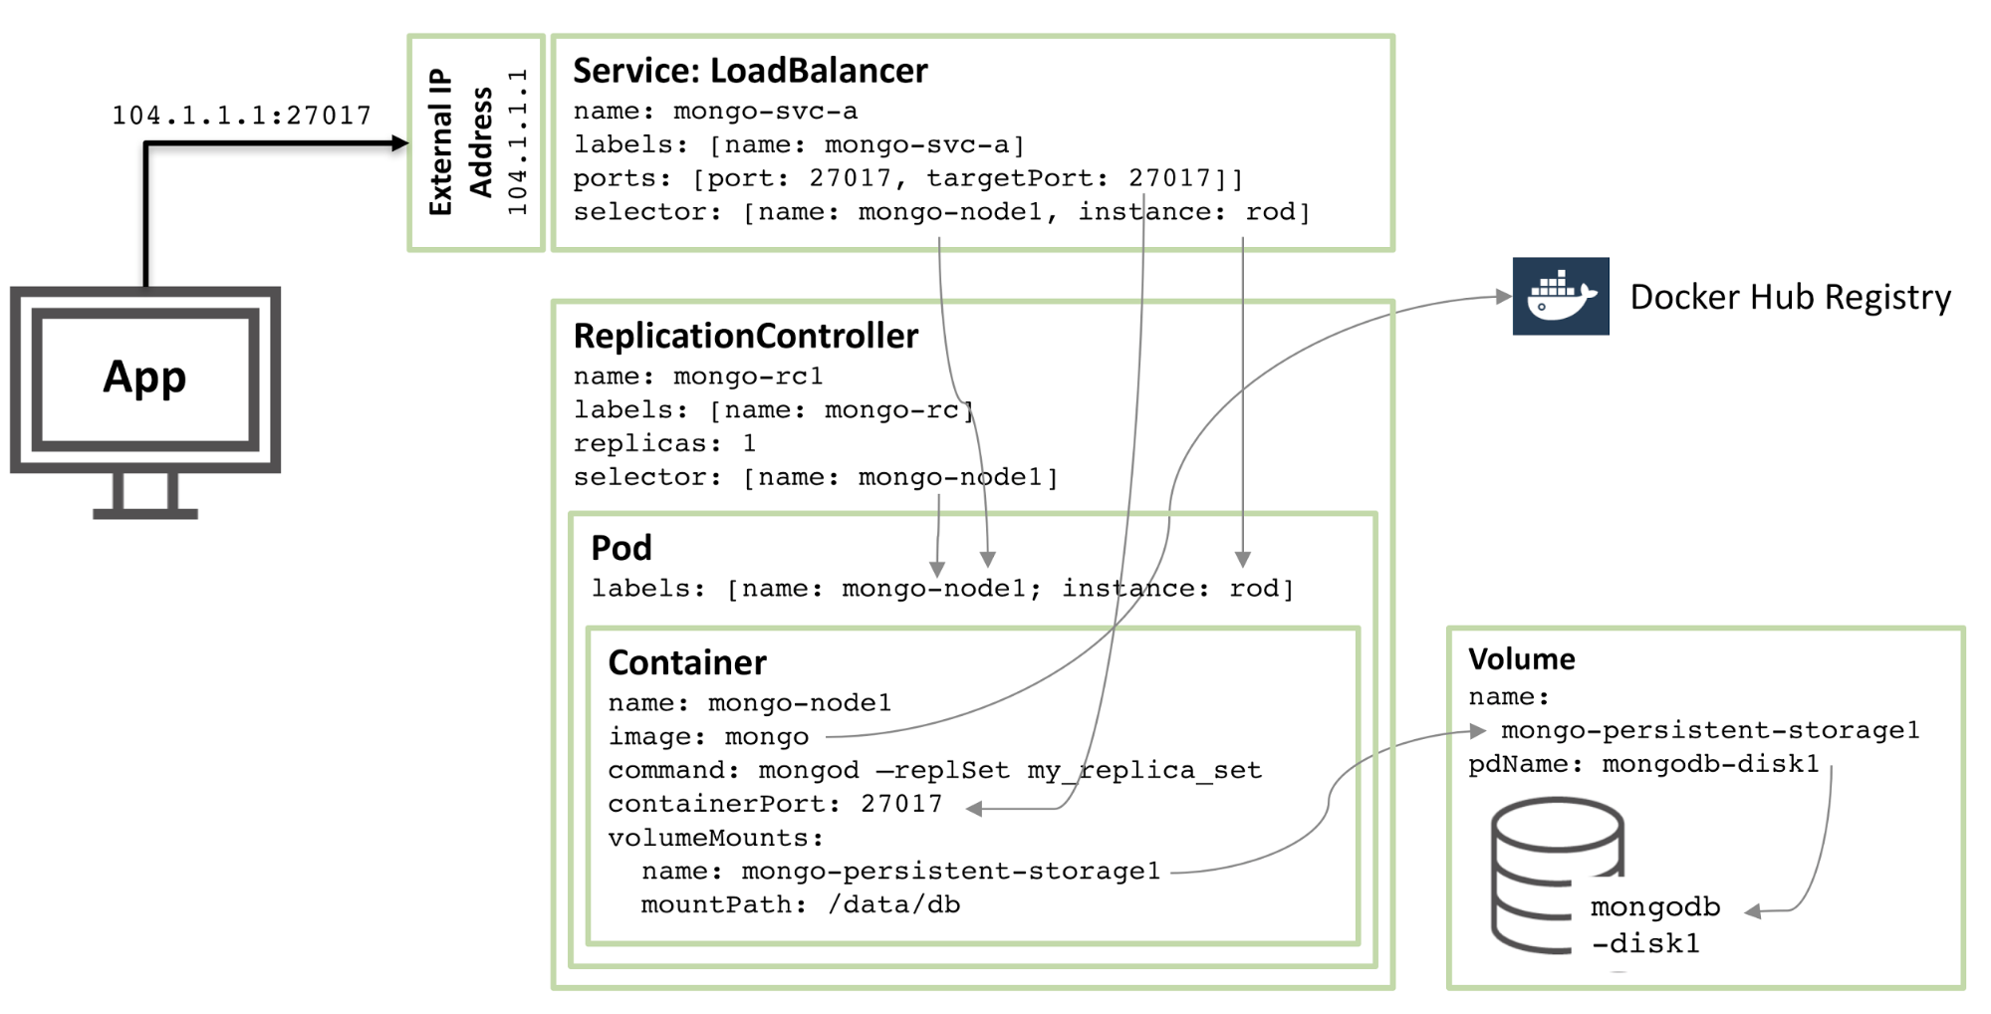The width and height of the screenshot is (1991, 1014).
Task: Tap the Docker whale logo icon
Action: coord(1560,297)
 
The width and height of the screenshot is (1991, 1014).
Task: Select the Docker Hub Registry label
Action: coord(1790,297)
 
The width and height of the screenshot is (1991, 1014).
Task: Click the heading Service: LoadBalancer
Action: coord(750,71)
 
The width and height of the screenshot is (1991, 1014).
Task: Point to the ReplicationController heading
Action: coord(745,337)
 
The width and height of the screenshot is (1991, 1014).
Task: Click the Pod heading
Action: coord(622,548)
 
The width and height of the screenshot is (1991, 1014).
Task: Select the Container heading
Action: coord(687,663)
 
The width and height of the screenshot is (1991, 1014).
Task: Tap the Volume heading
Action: coord(1521,659)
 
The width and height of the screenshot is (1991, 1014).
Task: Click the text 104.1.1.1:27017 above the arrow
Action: coord(241,116)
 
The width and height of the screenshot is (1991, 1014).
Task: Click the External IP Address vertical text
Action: coord(460,142)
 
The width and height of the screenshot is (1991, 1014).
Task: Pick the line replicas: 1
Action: coord(664,443)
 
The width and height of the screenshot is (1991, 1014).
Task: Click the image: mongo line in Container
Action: coord(708,737)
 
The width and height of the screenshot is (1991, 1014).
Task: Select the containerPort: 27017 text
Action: coord(775,804)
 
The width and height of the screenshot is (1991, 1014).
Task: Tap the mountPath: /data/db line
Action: coord(800,904)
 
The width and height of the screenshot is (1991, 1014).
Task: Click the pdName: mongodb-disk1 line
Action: coord(1643,764)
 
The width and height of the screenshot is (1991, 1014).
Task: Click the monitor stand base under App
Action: coord(145,514)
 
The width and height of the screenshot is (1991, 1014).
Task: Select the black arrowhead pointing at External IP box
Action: coord(400,143)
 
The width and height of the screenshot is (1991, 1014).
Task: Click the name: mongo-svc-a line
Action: coord(714,112)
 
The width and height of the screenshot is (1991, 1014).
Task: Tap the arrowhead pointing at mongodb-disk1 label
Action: coord(1754,911)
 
